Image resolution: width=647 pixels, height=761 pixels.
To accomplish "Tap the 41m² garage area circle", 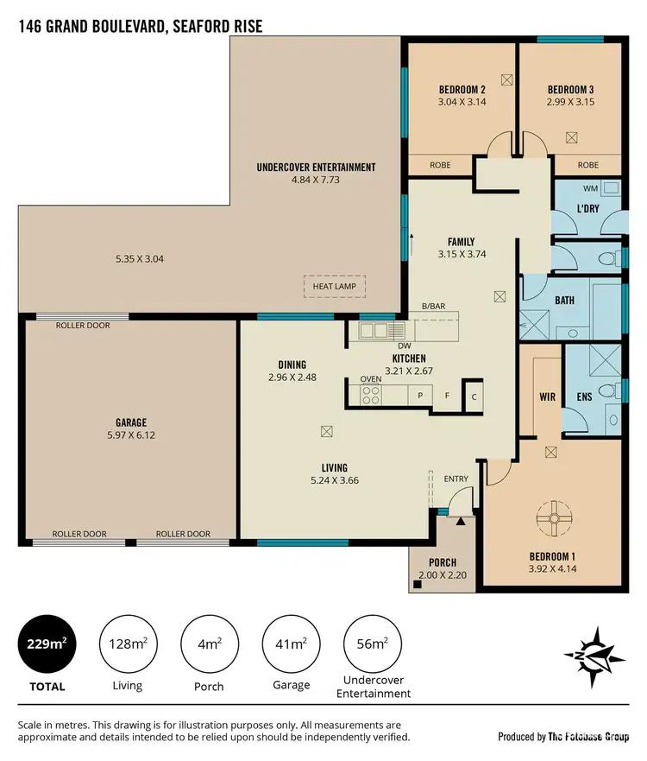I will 291,642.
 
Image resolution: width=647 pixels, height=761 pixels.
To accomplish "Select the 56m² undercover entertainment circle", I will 373,642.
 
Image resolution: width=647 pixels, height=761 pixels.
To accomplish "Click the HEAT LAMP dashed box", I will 334,287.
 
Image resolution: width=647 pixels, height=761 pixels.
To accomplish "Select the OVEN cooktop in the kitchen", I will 371,395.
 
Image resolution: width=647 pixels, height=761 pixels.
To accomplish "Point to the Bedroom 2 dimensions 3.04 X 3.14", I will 462,101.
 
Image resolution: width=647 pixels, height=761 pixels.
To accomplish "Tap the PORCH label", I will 441,563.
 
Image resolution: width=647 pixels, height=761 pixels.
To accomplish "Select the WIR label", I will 546,397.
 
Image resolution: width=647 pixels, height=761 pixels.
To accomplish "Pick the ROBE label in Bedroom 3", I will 587,165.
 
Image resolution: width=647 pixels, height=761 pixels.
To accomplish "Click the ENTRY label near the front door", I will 456,478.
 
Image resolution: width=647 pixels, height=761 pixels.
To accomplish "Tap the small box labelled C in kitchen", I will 474,396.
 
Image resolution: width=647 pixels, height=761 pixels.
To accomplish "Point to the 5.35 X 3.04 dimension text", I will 145,258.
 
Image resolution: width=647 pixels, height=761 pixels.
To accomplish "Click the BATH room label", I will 564,301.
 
